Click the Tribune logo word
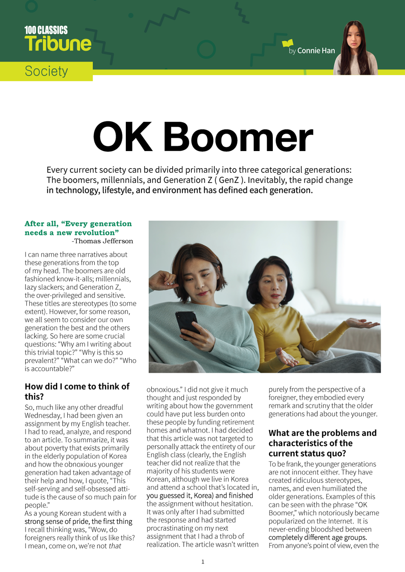point(58,44)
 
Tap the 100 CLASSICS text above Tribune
point(46,30)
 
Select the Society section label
point(46,71)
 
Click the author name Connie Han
point(316,51)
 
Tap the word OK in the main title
point(123,137)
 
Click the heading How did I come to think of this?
point(77,391)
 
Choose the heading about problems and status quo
point(322,443)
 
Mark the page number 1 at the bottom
point(202,562)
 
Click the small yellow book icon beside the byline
point(288,43)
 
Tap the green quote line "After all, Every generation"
point(78,224)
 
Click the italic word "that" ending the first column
point(115,546)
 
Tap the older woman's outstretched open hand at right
point(364,324)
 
